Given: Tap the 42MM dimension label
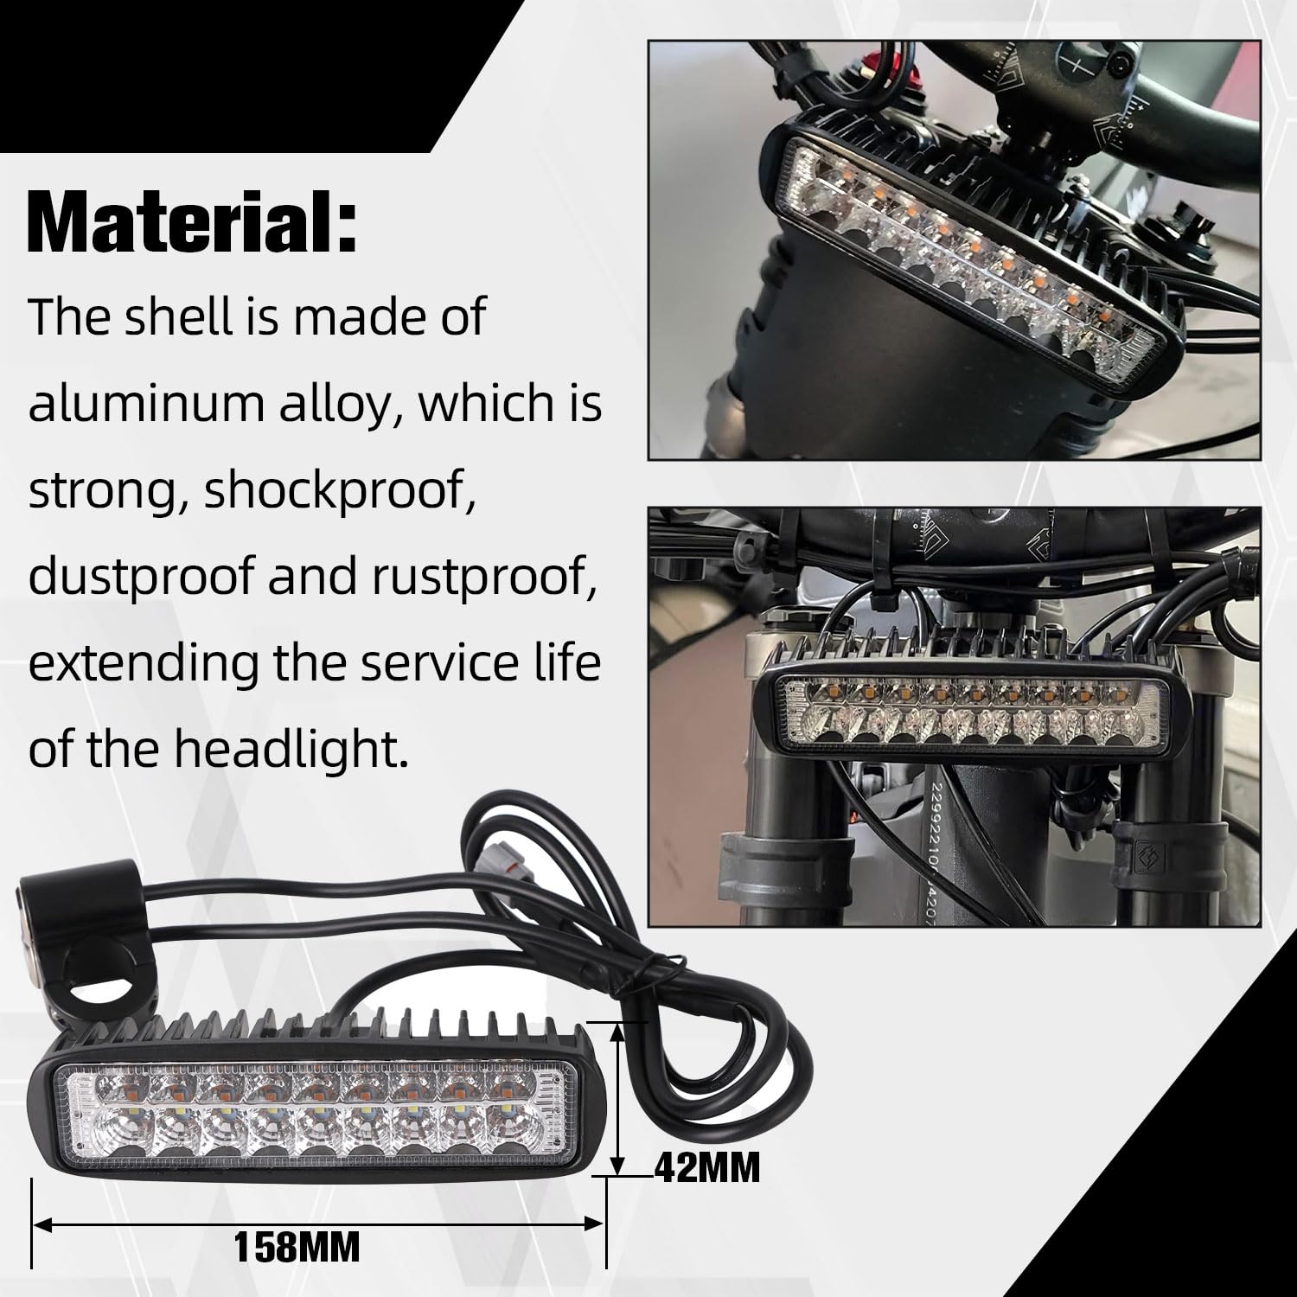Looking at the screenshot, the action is pos(707,1169).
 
